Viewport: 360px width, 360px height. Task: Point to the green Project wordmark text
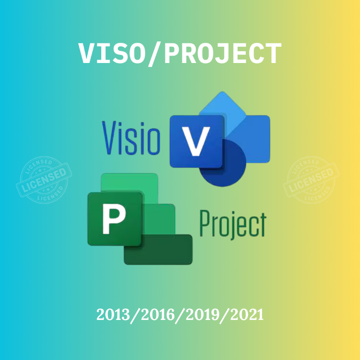pos(232,225)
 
